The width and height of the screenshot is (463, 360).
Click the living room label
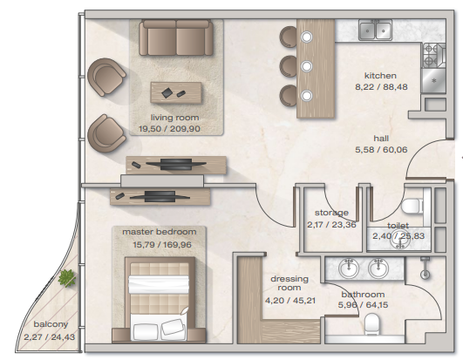(174, 118)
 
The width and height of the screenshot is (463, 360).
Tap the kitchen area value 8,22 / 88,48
(381, 87)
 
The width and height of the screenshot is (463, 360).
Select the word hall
(381, 139)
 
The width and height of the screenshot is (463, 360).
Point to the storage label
(331, 213)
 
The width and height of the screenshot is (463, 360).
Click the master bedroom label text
(160, 232)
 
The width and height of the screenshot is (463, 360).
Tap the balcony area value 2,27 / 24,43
(50, 337)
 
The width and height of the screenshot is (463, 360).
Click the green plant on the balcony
(67, 278)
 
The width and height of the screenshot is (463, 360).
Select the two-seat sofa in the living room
(176, 37)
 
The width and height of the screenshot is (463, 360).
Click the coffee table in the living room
(176, 92)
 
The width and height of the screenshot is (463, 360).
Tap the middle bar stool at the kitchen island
(289, 66)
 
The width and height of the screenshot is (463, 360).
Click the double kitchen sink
(375, 30)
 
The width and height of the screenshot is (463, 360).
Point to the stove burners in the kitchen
(430, 55)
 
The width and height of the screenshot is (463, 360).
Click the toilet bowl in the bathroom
(371, 323)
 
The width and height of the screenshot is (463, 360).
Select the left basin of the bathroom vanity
(349, 268)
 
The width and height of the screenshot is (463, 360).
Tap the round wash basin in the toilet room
(400, 240)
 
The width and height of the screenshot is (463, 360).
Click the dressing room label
(289, 283)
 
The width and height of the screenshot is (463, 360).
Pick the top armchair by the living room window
(106, 78)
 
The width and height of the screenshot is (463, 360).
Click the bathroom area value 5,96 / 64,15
(363, 305)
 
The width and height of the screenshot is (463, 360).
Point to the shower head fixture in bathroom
(425, 268)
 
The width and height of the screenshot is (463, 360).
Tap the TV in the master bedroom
(160, 196)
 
